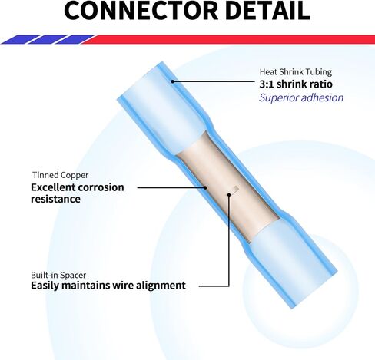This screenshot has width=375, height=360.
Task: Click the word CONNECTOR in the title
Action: click(141, 10)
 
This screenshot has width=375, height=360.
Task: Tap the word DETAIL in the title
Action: click(268, 10)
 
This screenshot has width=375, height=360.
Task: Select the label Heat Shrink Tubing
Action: click(296, 72)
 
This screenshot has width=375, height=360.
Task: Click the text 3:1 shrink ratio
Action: click(296, 84)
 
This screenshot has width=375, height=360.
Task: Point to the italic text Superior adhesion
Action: click(301, 97)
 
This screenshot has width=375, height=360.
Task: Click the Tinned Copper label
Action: click(61, 175)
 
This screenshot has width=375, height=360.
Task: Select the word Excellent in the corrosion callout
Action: click(53, 187)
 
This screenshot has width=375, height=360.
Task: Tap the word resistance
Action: click(55, 199)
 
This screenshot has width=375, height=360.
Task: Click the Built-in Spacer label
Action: click(58, 275)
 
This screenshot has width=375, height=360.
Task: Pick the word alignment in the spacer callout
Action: click(161, 286)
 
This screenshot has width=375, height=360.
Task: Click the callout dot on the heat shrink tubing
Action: click(172, 81)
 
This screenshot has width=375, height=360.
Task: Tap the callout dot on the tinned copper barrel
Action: click(205, 187)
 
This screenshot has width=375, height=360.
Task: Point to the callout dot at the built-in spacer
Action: click(229, 195)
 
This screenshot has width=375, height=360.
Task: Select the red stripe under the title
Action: click(228, 39)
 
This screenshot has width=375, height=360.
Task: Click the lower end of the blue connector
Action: click(310, 289)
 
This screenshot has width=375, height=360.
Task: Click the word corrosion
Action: click(101, 187)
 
